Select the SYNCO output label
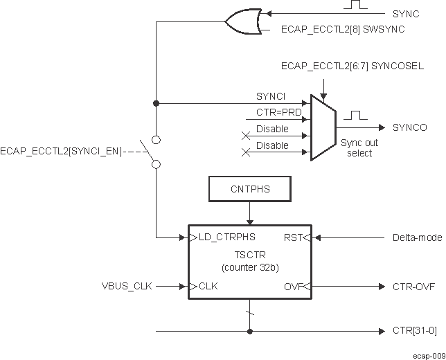pyautogui.click(x=409, y=128)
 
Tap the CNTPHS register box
pyautogui.click(x=250, y=187)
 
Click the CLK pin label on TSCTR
pyautogui.click(x=208, y=286)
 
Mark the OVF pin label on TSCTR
pyautogui.click(x=292, y=286)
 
